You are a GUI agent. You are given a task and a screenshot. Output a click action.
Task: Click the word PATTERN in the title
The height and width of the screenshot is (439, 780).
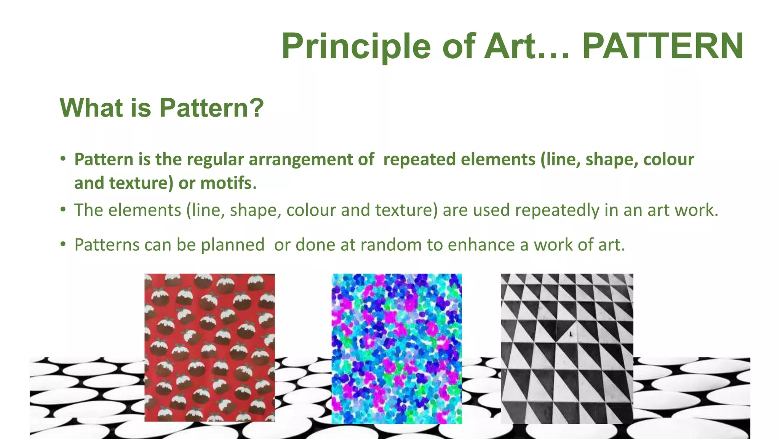click(x=663, y=46)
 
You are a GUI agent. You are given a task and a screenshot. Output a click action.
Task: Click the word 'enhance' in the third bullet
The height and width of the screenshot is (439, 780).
click(x=481, y=245)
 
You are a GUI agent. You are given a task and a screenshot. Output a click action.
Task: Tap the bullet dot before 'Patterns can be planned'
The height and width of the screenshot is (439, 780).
click(x=63, y=244)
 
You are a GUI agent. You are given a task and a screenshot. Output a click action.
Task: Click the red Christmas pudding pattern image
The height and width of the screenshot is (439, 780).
click(x=209, y=347)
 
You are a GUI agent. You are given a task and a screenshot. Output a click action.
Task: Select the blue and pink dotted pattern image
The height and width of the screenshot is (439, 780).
click(x=396, y=348)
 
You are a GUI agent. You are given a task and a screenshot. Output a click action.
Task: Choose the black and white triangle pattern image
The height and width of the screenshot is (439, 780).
click(x=567, y=348)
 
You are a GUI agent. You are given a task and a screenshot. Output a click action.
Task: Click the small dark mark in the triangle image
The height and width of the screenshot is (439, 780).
click(x=571, y=334)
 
